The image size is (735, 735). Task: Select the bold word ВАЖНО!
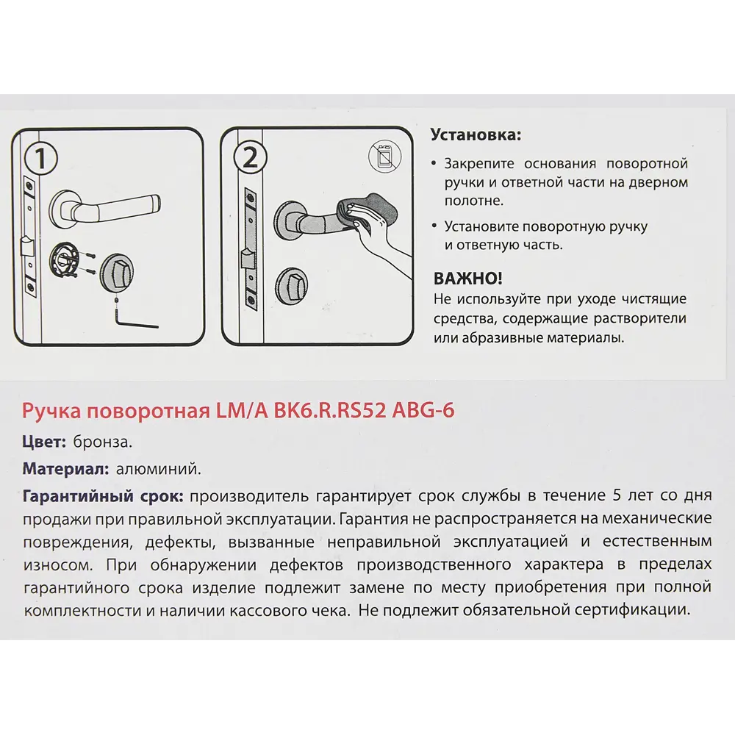(469, 279)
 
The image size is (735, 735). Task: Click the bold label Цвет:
(46, 442)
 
